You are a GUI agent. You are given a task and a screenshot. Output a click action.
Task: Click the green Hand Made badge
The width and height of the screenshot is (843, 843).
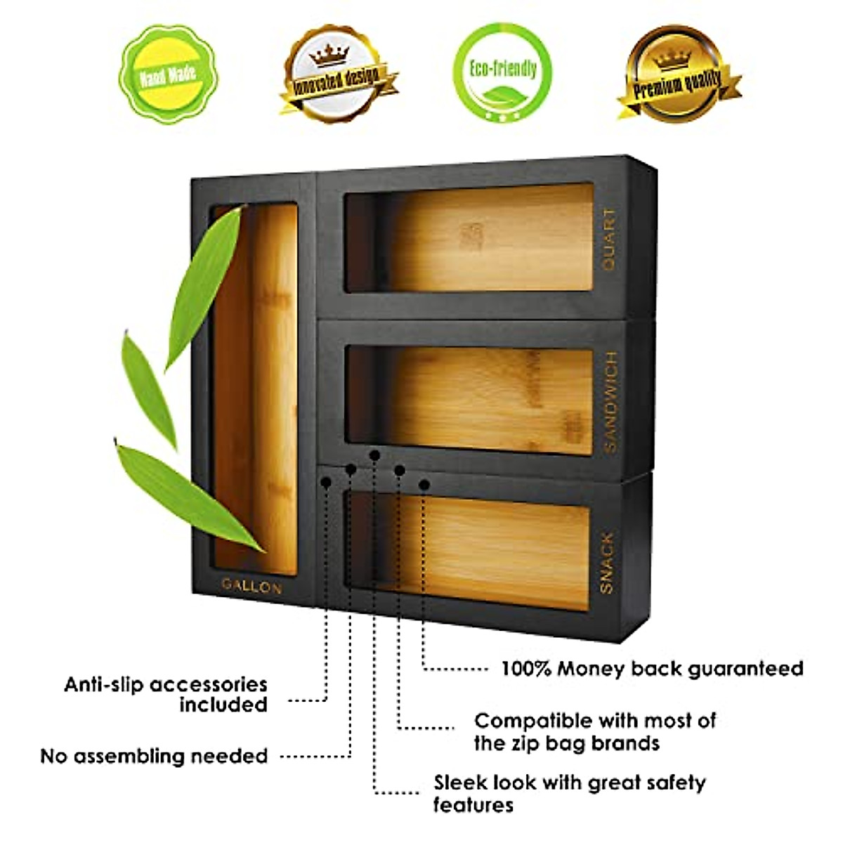[167, 74]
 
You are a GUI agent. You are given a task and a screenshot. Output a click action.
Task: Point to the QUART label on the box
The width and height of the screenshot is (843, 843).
[609, 238]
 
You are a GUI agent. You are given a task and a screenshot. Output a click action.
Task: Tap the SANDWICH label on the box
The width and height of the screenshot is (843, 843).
[610, 402]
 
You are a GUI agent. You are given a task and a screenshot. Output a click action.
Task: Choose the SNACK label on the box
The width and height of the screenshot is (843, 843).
[606, 562]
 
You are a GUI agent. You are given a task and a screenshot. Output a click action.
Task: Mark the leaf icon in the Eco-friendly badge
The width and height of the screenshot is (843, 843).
[502, 93]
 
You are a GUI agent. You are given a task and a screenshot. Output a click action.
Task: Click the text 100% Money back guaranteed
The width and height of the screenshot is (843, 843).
[651, 668]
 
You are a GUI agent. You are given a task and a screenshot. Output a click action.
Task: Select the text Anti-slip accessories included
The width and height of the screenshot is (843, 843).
[166, 694]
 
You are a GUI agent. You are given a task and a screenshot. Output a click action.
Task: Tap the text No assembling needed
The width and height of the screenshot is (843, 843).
[154, 757]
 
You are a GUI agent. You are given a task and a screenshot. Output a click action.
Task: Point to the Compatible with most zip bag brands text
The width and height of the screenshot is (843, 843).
[594, 731]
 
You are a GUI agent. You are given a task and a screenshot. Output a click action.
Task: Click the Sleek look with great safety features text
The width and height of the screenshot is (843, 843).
[568, 793]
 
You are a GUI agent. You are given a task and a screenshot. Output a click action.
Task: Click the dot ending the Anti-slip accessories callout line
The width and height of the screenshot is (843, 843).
[326, 482]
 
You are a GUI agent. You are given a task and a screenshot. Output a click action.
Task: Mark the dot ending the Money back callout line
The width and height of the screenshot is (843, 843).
[424, 484]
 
